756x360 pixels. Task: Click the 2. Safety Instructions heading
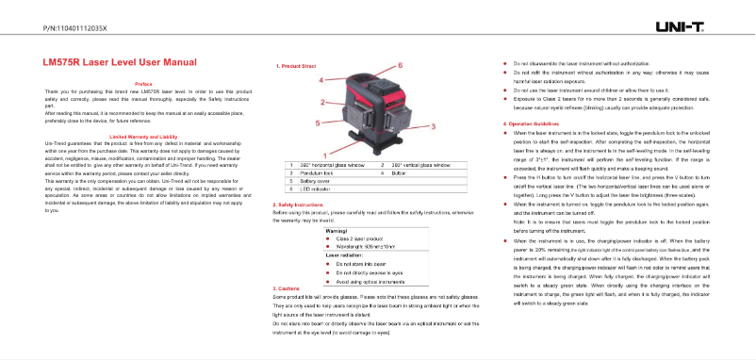(303, 204)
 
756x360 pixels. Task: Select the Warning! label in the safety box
(337, 230)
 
